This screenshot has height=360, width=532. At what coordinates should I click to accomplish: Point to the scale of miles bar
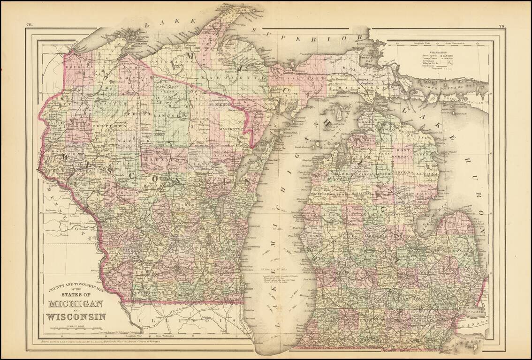pos(75,329)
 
